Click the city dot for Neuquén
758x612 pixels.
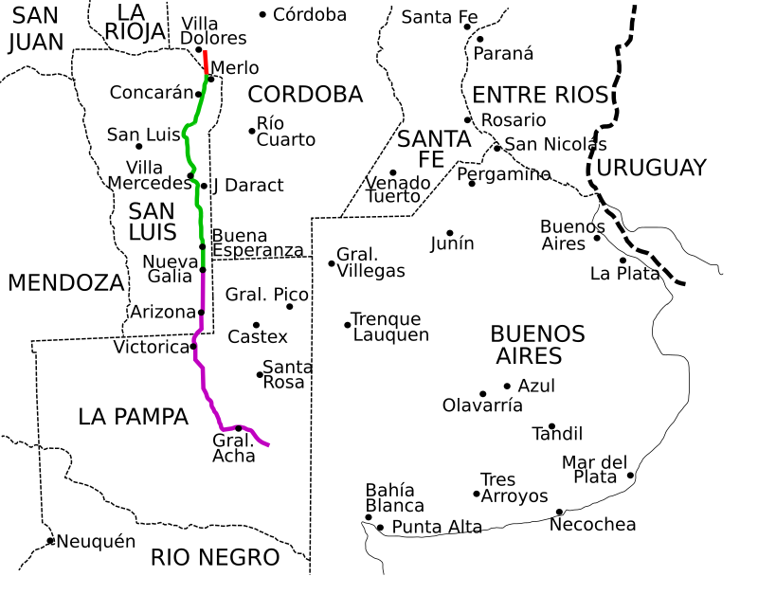(x=50, y=541)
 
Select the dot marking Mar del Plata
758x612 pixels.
(x=630, y=476)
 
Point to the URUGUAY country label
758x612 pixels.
(x=652, y=168)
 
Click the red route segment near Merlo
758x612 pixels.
(x=206, y=62)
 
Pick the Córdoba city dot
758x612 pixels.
(x=262, y=14)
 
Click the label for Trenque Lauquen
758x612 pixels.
(x=389, y=327)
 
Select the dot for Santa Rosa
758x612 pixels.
(x=260, y=374)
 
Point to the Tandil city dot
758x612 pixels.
(x=551, y=426)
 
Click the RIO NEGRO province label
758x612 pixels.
(x=215, y=557)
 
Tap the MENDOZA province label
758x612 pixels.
(x=66, y=282)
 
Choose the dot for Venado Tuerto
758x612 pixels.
(x=393, y=172)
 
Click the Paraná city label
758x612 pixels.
(x=504, y=54)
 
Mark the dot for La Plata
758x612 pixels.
(x=623, y=260)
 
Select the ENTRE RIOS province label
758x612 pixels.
(x=539, y=95)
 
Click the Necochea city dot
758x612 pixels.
(x=559, y=512)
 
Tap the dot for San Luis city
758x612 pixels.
(x=139, y=146)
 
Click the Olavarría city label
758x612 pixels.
(x=482, y=405)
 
